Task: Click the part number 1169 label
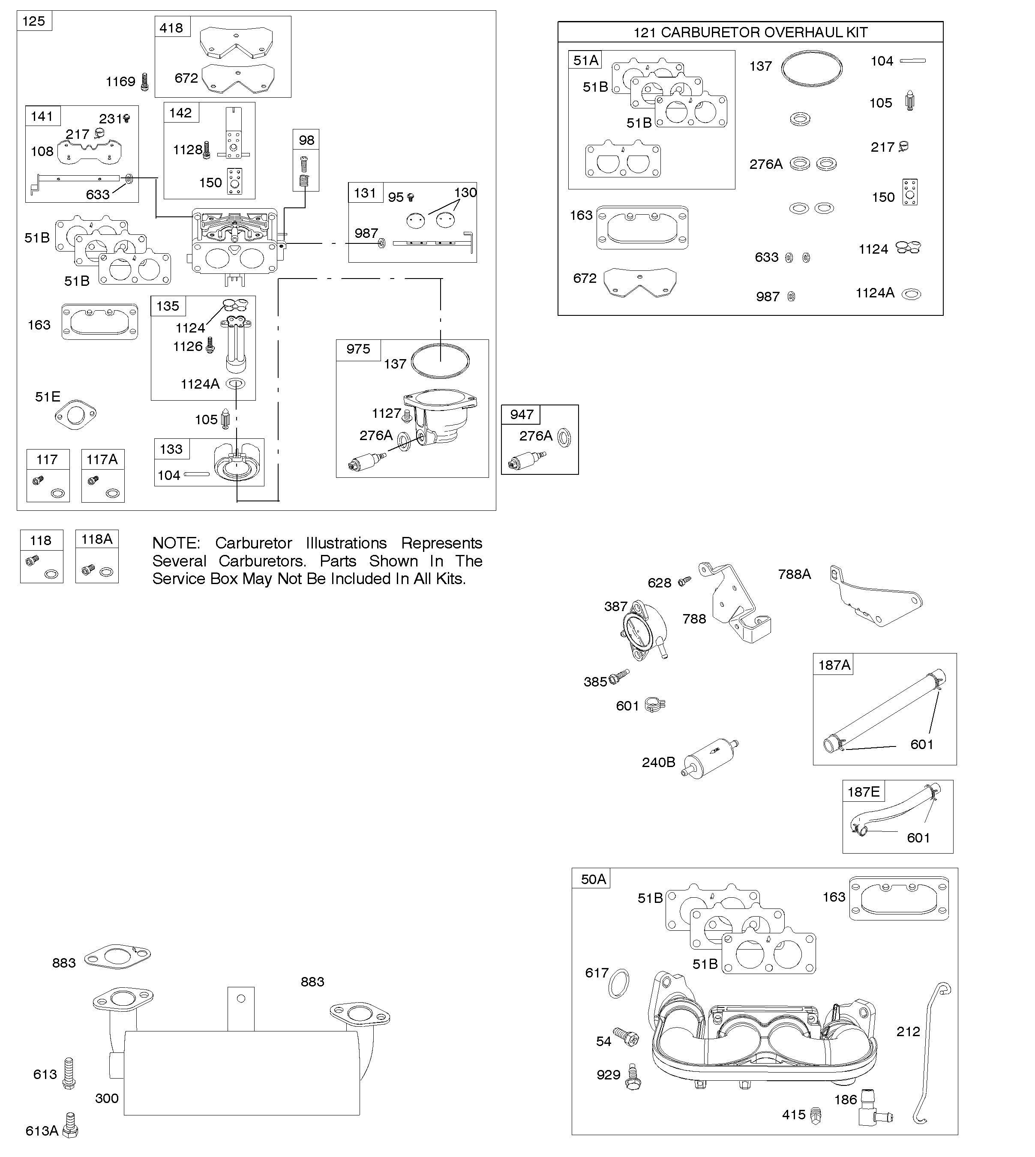[x=120, y=82]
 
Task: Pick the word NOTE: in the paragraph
[x=176, y=543]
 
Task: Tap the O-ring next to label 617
[x=619, y=983]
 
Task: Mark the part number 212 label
[x=908, y=1031]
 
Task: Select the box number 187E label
[x=863, y=791]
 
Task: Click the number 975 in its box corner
[x=358, y=349]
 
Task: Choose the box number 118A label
[x=97, y=539]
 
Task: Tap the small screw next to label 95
[x=411, y=197]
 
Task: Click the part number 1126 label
[x=188, y=346]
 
